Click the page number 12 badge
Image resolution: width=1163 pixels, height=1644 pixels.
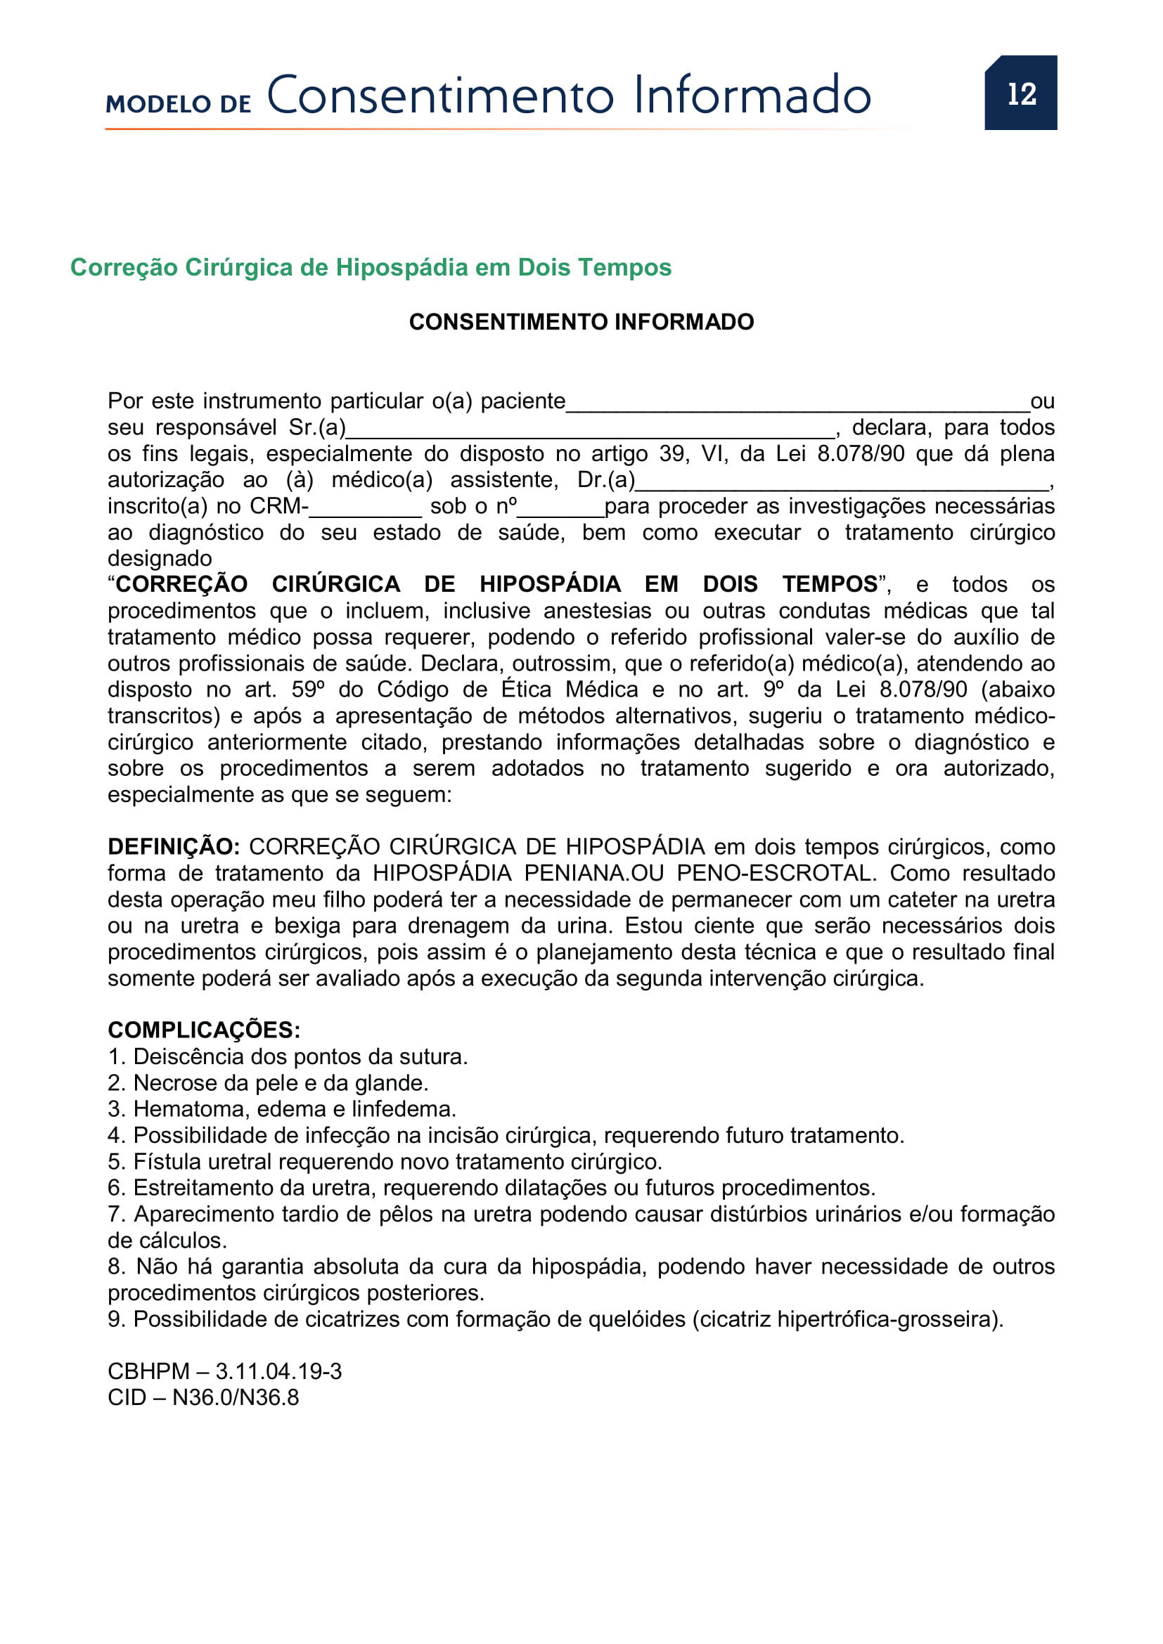(x=1020, y=93)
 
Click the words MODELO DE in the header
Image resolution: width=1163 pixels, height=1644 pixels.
(x=179, y=104)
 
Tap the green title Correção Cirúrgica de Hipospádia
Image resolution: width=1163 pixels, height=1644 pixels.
(x=371, y=267)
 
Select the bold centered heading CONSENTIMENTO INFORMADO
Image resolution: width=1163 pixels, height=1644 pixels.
(x=581, y=322)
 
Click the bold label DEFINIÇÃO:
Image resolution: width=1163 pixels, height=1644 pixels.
(x=173, y=846)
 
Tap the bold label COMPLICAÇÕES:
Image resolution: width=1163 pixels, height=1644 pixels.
(x=204, y=1030)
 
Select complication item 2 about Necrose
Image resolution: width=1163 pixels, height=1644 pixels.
(x=268, y=1082)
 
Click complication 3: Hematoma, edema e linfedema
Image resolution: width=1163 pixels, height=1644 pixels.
(x=281, y=1109)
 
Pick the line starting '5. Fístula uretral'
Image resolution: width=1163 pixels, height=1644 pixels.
(x=385, y=1161)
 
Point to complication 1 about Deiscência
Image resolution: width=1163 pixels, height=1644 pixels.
(x=287, y=1057)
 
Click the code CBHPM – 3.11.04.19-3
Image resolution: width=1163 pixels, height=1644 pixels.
(x=224, y=1371)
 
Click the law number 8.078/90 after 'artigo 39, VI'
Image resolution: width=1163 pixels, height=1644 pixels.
(x=861, y=454)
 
